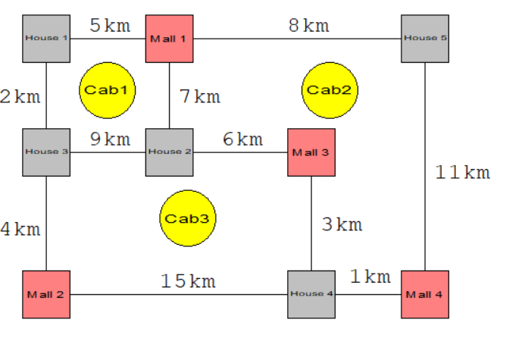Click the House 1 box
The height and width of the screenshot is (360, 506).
(46, 38)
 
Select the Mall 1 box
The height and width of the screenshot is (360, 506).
(169, 38)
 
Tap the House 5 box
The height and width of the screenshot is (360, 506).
(424, 38)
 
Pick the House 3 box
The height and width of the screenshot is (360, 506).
(46, 152)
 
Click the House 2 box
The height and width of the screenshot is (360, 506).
(169, 152)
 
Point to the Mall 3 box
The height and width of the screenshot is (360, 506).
(311, 152)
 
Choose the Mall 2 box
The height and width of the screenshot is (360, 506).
(46, 294)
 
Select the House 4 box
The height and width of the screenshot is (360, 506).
(311, 294)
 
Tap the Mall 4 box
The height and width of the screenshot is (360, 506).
(424, 294)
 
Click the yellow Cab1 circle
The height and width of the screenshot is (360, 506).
(108, 90)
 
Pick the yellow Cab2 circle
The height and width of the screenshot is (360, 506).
(330, 90)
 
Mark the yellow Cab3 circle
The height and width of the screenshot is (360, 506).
(187, 219)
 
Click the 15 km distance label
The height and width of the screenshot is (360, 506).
(188, 281)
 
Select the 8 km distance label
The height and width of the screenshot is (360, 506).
(308, 25)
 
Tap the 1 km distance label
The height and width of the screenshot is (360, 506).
(370, 277)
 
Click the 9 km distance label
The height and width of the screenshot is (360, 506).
(110, 139)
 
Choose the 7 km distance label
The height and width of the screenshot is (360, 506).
(199, 96)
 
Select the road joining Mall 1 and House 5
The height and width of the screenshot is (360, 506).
(295, 38)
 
